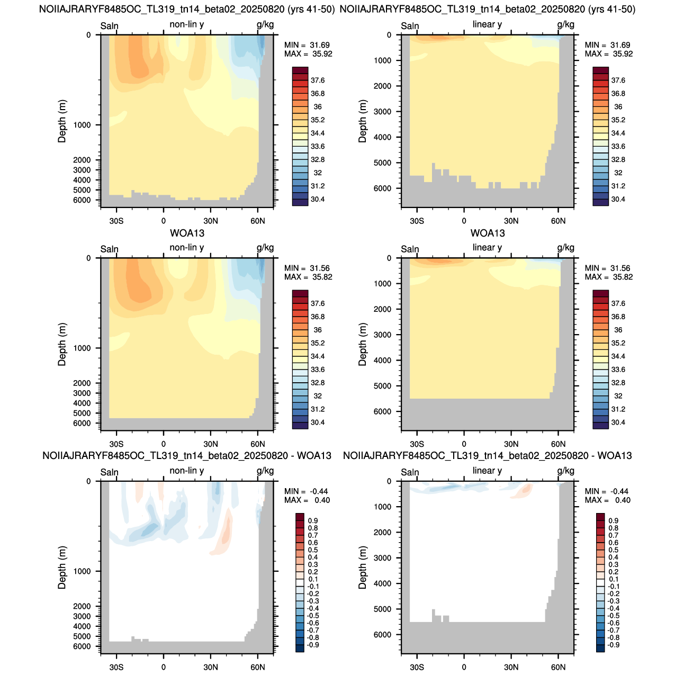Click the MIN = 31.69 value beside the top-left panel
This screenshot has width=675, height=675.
point(307,45)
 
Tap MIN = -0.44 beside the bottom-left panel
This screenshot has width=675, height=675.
point(306,491)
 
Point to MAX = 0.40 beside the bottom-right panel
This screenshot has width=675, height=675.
point(608,500)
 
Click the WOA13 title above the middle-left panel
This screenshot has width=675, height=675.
point(187,233)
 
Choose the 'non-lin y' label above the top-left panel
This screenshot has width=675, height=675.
point(187,24)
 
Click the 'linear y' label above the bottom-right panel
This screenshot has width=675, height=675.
point(487,471)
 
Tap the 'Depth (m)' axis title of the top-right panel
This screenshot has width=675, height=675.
point(362,121)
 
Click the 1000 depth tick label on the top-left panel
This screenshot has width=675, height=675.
point(82,125)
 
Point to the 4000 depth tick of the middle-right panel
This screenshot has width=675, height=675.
point(383,361)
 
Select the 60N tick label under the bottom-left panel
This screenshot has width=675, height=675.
point(257,667)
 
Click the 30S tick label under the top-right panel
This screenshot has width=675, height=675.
point(417,221)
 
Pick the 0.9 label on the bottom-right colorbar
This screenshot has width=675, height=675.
point(614,520)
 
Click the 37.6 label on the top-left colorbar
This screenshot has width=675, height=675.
point(318,80)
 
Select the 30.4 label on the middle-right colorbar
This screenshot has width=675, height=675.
point(618,422)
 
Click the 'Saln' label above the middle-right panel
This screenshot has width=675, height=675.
point(410,249)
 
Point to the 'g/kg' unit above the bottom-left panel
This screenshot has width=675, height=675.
point(265,471)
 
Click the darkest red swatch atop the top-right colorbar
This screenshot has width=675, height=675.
point(600,70)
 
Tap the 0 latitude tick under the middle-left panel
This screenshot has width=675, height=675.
point(163,444)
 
